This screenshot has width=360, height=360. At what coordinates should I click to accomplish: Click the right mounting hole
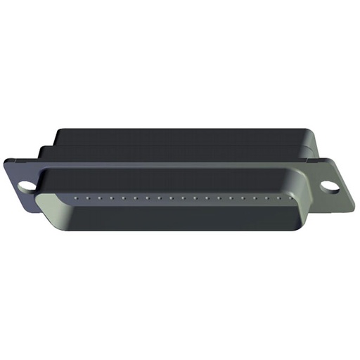[x=328, y=187]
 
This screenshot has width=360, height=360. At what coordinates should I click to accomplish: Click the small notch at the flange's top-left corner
[x=8, y=161]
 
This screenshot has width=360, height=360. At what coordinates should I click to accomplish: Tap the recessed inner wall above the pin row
[x=176, y=184]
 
